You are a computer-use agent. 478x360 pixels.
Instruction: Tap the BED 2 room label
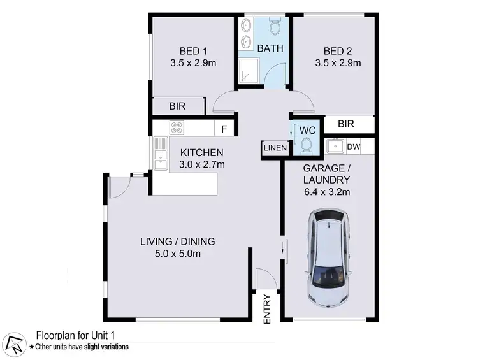[337, 51]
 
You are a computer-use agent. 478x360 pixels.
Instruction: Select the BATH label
[270, 48]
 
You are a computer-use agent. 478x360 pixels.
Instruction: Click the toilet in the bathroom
[275, 27]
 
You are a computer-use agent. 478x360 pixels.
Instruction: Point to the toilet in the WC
[307, 146]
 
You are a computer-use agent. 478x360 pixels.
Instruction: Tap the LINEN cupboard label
[275, 148]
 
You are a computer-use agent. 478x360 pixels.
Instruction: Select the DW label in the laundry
[354, 147]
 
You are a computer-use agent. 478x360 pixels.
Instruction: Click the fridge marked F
[224, 129]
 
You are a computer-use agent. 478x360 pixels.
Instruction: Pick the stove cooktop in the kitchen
[177, 127]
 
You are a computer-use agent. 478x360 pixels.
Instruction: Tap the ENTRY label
[267, 309]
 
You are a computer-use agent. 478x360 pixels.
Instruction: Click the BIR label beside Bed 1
[178, 107]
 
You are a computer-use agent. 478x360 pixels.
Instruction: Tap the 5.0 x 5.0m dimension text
[177, 254]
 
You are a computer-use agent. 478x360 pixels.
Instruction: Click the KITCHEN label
[201, 153]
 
